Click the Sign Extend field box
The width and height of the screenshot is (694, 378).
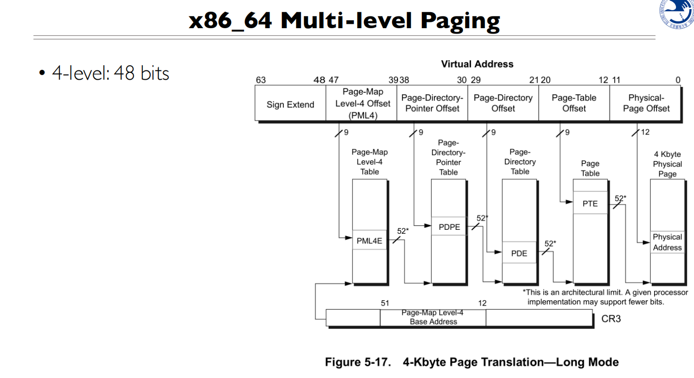tap(290, 104)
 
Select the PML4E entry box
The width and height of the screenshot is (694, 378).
tap(369, 240)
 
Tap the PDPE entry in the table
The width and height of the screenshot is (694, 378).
tap(449, 226)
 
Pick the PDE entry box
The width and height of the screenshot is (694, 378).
tap(519, 253)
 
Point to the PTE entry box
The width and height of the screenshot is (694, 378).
tap(590, 204)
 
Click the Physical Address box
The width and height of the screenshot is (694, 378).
tap(667, 242)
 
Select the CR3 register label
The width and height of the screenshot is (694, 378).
tap(611, 319)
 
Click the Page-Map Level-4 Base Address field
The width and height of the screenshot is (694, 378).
tap(433, 317)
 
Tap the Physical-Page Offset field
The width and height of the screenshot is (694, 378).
tap(646, 103)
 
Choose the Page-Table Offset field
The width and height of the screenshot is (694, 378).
tap(574, 103)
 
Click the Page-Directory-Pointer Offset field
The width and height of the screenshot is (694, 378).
tap(432, 103)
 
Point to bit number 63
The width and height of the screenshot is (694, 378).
tap(261, 80)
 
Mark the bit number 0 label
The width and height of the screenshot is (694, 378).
tap(677, 80)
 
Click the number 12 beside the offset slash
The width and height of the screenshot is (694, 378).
tap(645, 132)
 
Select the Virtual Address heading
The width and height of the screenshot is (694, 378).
tap(477, 64)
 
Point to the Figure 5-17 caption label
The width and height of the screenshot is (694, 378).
tap(357, 362)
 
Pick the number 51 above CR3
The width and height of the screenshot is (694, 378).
tap(385, 303)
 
